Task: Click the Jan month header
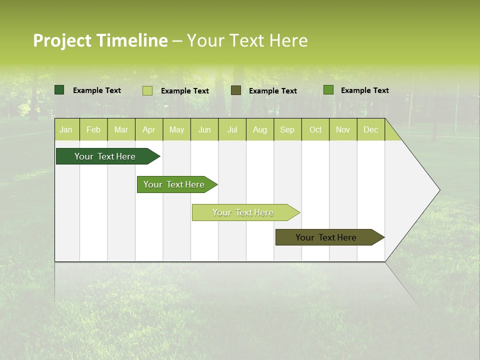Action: click(66, 130)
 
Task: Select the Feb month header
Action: click(93, 130)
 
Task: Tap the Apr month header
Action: click(149, 130)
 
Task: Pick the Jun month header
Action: click(204, 130)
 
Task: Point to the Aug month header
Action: click(260, 130)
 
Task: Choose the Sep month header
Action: click(287, 130)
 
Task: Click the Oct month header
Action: click(315, 130)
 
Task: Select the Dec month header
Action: click(371, 130)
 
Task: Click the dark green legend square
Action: click(59, 90)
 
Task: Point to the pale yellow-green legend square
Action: click(147, 90)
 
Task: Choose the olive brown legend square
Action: click(236, 90)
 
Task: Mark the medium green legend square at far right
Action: click(328, 90)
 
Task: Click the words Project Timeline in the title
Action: click(100, 40)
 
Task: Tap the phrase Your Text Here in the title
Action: click(247, 40)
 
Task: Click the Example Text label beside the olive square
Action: click(273, 91)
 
